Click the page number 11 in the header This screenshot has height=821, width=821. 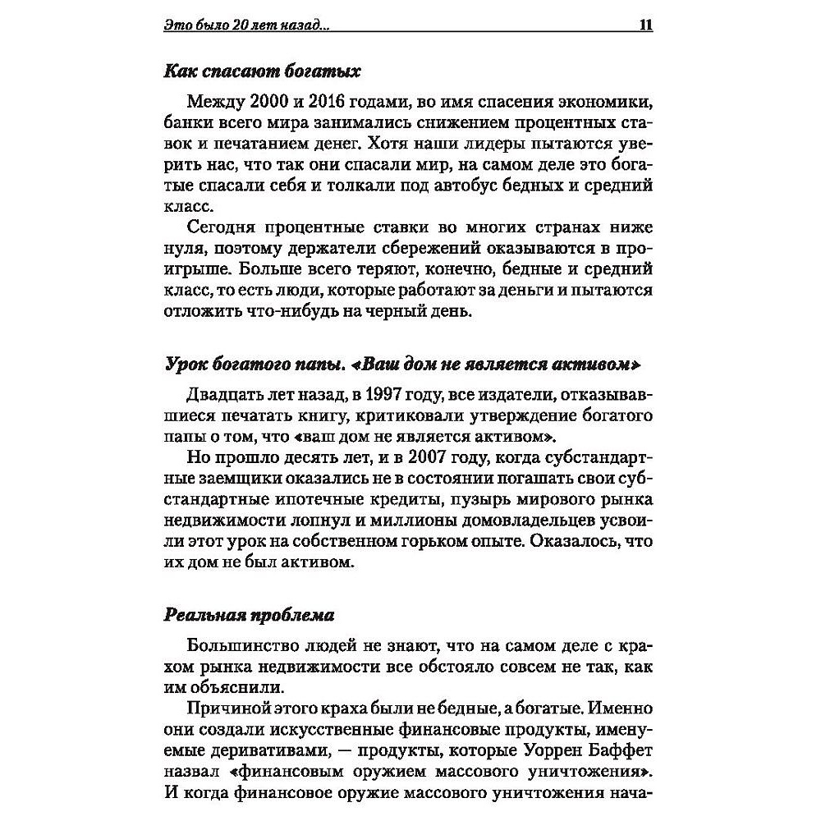click(644, 25)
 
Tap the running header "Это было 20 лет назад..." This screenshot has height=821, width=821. click(246, 25)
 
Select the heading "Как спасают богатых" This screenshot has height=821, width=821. click(262, 71)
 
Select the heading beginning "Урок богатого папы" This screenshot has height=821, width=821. click(401, 364)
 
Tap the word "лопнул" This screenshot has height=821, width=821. click(288, 521)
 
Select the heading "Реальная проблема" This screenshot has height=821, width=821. click(250, 614)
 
